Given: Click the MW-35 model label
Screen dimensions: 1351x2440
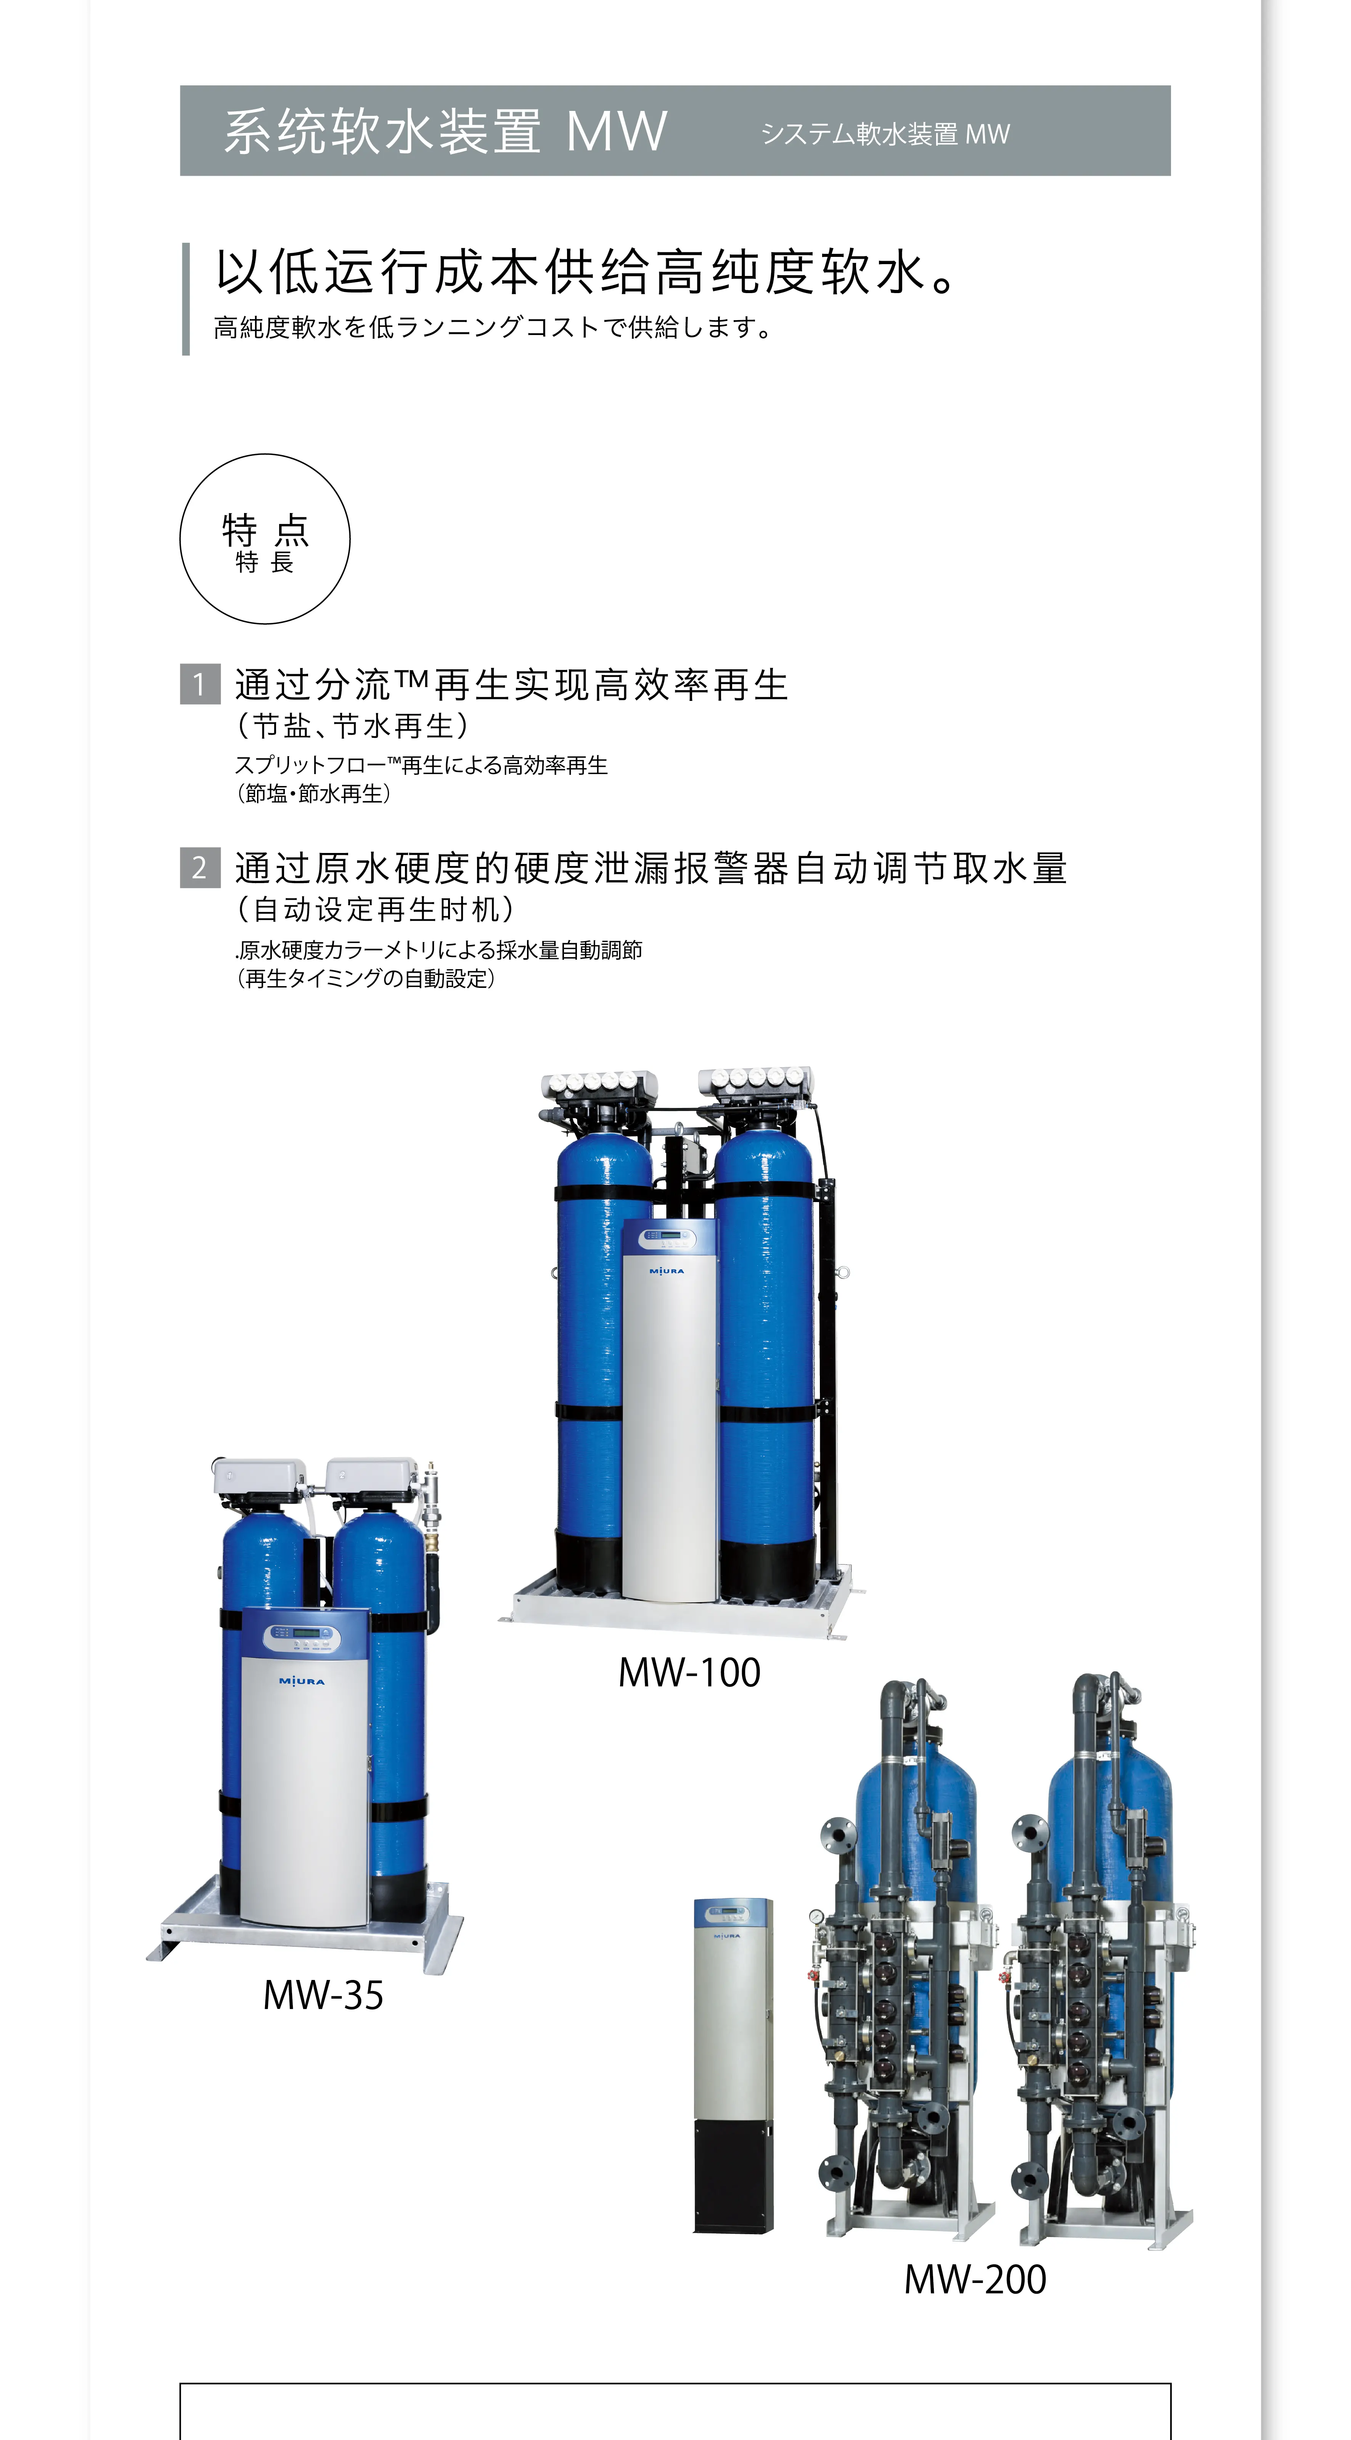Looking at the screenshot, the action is pos(323,1996).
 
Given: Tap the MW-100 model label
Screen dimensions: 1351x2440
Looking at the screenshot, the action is pos(689,1673).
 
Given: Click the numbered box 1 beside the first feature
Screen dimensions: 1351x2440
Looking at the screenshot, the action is pos(200,684).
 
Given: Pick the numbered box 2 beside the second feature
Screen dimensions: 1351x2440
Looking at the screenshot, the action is pos(200,867).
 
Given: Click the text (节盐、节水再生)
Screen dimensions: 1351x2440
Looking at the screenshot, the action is pos(352,726).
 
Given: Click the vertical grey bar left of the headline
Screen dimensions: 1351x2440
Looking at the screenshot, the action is pos(186,299).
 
